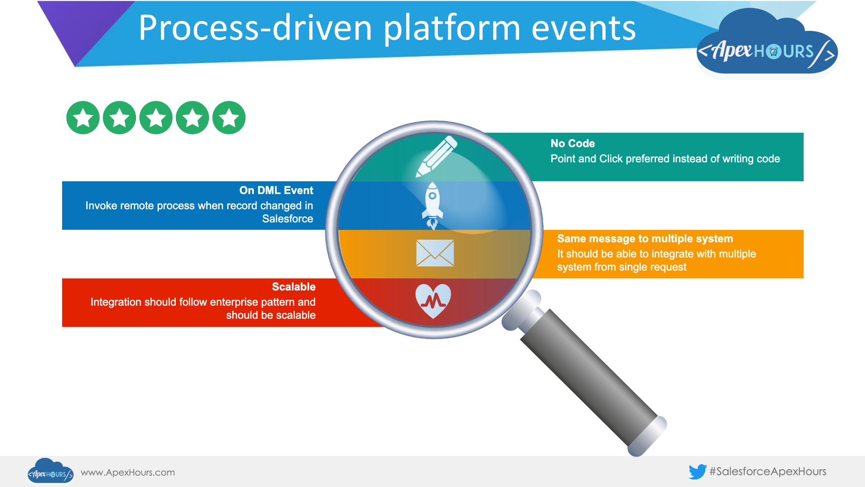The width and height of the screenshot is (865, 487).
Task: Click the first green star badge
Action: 83,118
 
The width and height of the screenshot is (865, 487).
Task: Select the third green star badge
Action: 156,118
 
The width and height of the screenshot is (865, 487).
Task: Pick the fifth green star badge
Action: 229,118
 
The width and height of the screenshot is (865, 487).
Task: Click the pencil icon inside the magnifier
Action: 436,156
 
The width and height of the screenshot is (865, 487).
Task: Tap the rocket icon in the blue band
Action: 432,205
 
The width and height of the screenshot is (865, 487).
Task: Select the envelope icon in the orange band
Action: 435,253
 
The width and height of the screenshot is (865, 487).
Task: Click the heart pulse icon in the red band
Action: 433,301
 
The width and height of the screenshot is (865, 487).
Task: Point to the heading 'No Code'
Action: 572,144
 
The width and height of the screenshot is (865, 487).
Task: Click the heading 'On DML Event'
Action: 276,191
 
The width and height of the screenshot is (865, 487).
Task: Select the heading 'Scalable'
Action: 294,287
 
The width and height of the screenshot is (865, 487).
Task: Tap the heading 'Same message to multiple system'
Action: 645,239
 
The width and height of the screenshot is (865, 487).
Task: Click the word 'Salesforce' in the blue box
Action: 288,219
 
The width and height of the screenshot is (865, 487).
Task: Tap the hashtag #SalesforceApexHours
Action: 768,471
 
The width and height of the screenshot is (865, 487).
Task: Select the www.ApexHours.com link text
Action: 128,473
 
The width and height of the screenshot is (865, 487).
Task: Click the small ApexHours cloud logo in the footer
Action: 50,471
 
